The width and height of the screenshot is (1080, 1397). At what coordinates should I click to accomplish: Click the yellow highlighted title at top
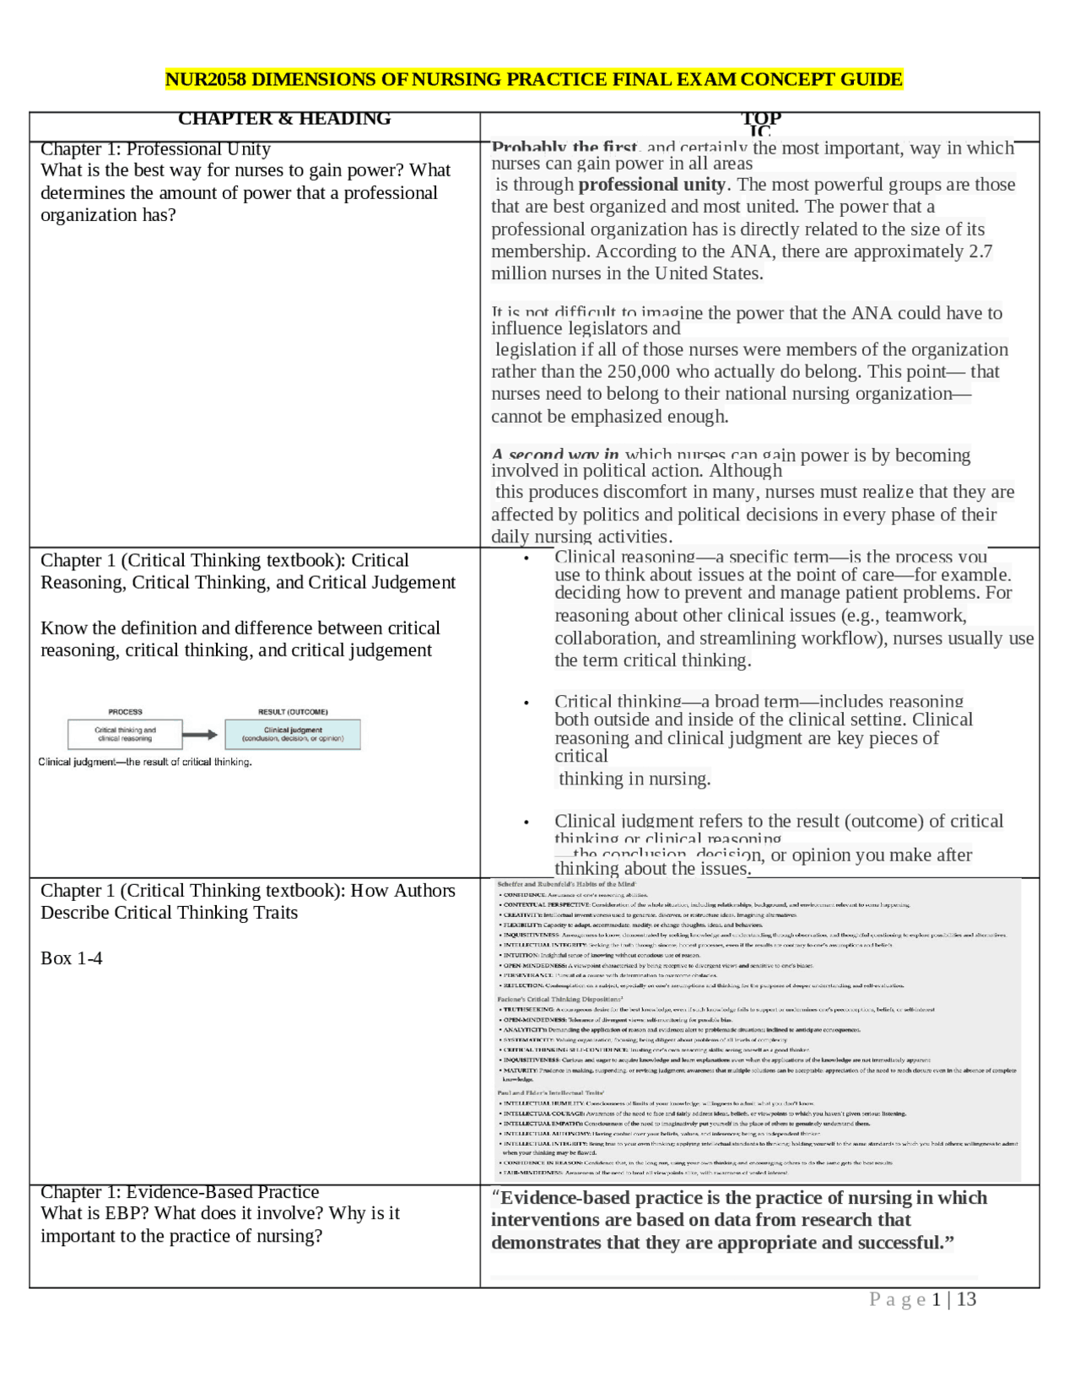533,79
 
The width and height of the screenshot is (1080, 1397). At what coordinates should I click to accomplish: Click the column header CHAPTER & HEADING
284,119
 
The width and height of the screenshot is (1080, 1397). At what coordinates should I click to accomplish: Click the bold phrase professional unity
651,185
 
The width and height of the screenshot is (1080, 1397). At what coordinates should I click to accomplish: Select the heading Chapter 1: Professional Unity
155,149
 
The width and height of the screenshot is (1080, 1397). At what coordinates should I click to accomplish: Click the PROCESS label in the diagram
125,712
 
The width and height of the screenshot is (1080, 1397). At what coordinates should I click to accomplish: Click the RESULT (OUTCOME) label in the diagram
293,712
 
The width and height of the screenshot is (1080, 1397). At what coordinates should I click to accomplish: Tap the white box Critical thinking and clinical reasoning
125,734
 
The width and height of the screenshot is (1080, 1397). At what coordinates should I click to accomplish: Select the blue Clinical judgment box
293,734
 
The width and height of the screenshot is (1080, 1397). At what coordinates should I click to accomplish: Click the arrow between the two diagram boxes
200,735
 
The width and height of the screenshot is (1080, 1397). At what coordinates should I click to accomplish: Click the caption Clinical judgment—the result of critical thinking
145,762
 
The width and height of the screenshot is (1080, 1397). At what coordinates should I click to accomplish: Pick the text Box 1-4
72,958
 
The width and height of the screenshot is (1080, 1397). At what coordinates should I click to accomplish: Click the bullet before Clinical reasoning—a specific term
526,558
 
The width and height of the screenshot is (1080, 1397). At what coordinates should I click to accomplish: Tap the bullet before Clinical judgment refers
526,822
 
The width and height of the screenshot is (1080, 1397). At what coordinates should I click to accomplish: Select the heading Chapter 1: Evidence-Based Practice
180,1192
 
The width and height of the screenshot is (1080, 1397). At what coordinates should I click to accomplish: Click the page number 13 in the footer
966,1299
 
